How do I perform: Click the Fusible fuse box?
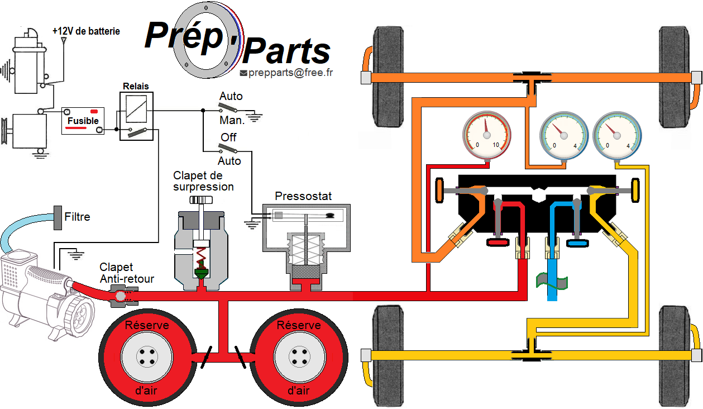pos(83,120)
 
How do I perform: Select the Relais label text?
pos(136,87)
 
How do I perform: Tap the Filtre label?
pos(77,217)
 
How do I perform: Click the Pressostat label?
pos(303,196)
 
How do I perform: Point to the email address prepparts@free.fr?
pos(290,73)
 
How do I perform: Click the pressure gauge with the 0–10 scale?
pos(487,135)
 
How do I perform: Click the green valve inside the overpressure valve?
pos(199,273)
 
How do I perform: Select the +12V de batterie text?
pos(86,31)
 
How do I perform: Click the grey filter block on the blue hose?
pos(57,217)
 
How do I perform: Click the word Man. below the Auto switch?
pos(232,120)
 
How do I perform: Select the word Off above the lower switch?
pos(228,137)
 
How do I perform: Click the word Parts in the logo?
pos(287,52)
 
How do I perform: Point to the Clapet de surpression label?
pos(203,181)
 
